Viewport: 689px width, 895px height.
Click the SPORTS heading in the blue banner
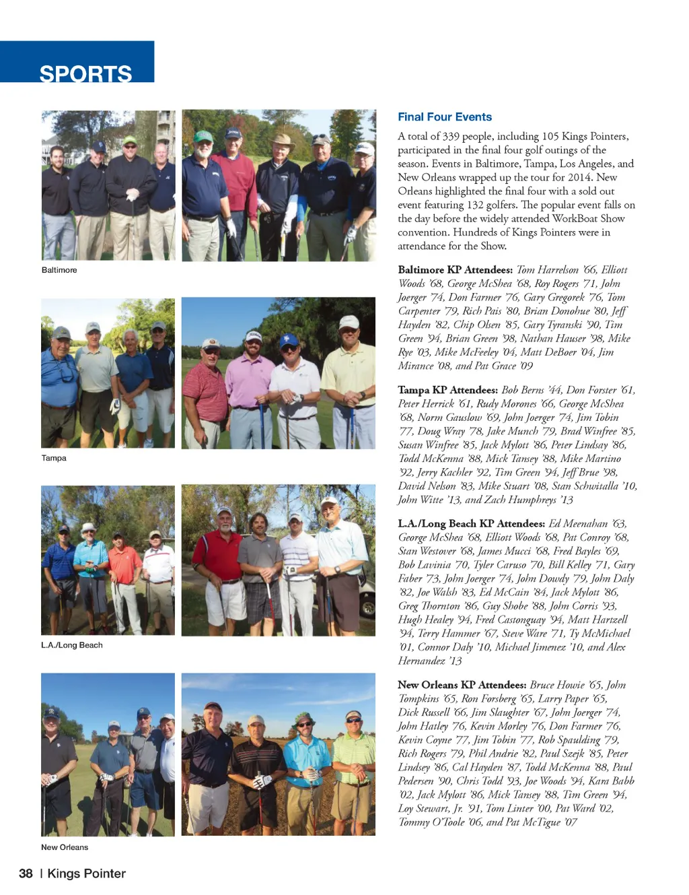[x=85, y=73]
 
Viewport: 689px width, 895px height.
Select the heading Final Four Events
[x=444, y=117]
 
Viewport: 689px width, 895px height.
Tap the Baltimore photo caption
[x=59, y=270]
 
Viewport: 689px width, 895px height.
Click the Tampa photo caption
[x=54, y=458]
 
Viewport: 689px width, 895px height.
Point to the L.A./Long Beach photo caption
[x=72, y=645]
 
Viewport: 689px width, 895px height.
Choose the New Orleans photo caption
[x=65, y=847]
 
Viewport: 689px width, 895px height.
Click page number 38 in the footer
[x=26, y=873]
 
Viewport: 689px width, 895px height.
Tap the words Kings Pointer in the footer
[x=87, y=873]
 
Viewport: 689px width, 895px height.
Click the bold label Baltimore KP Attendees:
[x=455, y=270]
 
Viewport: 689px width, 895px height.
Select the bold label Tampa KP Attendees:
[x=447, y=390]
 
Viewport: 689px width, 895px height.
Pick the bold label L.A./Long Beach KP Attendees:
[x=471, y=523]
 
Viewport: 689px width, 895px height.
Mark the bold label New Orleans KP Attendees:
[x=462, y=685]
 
